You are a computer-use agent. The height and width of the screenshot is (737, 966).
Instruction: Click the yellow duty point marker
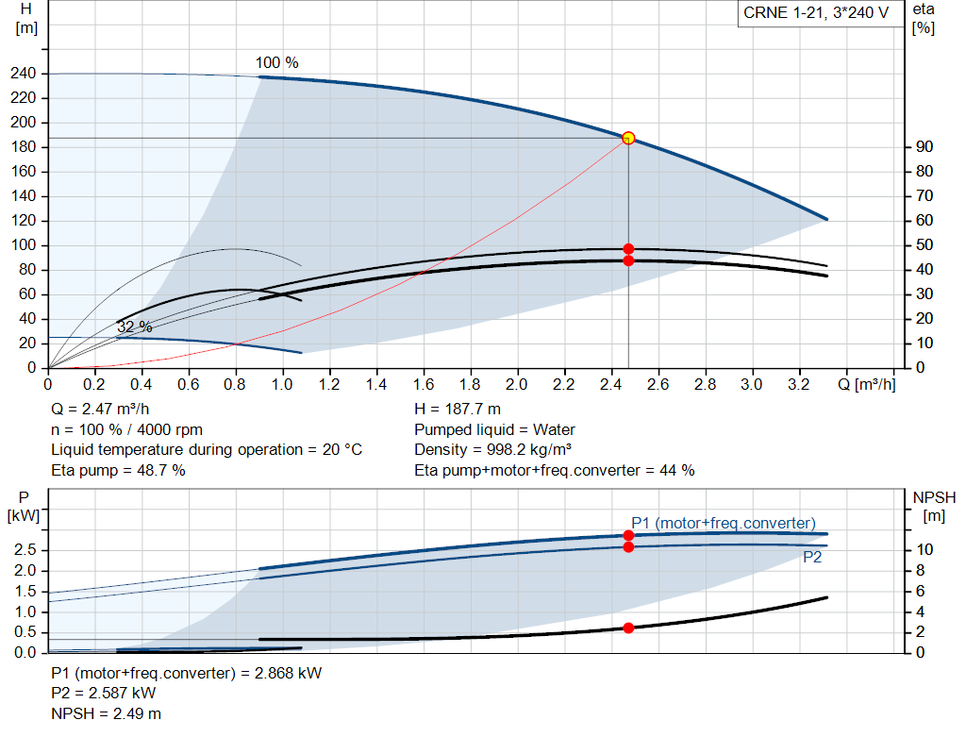pos(628,138)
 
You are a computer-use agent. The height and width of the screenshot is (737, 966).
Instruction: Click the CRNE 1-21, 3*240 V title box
pos(816,13)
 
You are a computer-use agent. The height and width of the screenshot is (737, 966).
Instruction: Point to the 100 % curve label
pos(277,63)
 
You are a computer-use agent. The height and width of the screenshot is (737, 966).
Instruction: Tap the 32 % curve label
pos(134,327)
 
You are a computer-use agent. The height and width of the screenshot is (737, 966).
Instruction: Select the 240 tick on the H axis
pos(24,74)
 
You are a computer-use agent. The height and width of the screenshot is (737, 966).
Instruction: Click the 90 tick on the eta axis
pos(924,146)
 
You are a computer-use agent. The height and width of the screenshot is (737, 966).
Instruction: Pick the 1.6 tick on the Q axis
pos(424,384)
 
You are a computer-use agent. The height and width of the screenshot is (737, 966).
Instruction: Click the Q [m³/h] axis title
pos(867,384)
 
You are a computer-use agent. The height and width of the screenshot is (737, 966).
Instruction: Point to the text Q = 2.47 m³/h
pos(100,410)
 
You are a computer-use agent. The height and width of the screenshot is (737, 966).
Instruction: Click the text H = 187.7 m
pos(458,410)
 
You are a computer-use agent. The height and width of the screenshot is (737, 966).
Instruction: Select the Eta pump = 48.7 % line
pos(118,470)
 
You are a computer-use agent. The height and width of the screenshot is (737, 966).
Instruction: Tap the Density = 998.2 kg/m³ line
pos(492,450)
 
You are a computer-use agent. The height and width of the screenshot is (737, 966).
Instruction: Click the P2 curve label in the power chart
pos(812,557)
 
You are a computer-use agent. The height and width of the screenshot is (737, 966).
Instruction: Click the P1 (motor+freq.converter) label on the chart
pos(724,523)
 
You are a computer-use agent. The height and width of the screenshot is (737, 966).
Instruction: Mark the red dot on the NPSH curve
pos(628,628)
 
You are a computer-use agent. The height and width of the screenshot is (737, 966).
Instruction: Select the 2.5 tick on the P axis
pos(25,549)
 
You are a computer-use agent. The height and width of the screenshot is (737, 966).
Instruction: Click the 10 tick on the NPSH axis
pos(924,549)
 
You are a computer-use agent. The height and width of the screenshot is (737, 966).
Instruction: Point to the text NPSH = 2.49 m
pos(106,713)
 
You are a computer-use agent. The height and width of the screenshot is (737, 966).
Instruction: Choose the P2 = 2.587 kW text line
pos(104,694)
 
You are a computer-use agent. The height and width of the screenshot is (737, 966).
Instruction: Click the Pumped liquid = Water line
pos(494,429)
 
